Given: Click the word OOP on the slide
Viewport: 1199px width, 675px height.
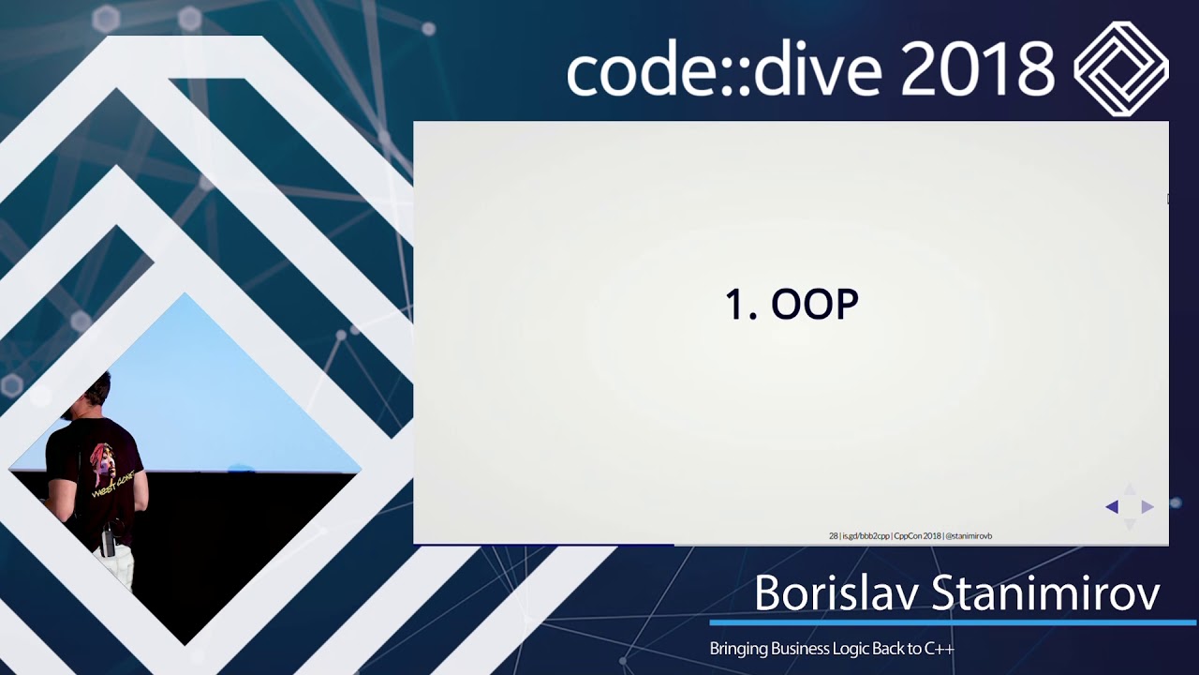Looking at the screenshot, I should click(814, 305).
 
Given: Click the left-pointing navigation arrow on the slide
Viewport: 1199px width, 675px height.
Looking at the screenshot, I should click(1112, 507).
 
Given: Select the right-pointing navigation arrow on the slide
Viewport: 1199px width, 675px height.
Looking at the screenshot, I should click(1147, 507).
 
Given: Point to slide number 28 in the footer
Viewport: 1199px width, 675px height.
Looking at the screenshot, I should click(833, 536).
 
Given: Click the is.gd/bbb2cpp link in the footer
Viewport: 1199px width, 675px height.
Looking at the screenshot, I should click(866, 536).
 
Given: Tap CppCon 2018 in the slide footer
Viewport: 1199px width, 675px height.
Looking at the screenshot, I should click(917, 536).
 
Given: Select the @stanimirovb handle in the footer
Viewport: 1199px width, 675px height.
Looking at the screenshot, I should click(970, 536).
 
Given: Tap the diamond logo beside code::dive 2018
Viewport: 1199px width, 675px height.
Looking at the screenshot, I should click(1120, 68).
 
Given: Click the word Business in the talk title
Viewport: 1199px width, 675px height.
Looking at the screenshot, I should click(800, 649).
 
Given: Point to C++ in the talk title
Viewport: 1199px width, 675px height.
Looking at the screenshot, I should click(939, 649).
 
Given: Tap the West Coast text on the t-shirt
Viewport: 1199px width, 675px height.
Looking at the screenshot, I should click(112, 487).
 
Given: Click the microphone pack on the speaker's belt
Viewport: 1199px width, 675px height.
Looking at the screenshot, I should click(108, 541).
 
